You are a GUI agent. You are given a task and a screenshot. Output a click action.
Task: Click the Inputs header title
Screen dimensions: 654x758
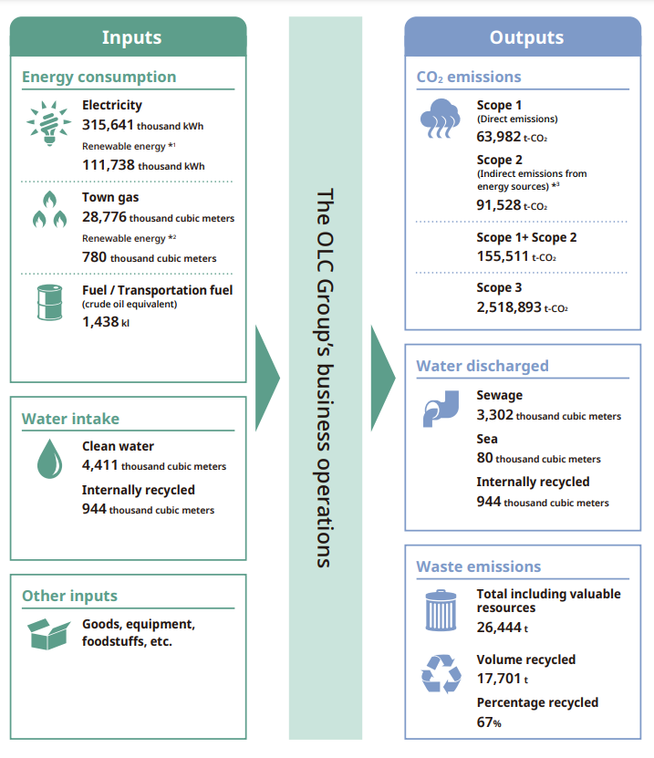(131, 37)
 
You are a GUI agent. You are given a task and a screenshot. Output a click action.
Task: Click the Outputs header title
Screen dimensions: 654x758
(526, 37)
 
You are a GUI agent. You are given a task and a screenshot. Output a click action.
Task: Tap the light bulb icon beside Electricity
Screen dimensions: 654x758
(49, 123)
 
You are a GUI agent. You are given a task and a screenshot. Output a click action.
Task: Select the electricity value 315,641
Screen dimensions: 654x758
(108, 125)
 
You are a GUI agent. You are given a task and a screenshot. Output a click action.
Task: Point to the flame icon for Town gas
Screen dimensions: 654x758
(49, 209)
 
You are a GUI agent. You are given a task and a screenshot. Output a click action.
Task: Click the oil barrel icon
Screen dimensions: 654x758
(50, 302)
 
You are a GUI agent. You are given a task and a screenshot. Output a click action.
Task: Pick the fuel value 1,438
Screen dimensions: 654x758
(100, 321)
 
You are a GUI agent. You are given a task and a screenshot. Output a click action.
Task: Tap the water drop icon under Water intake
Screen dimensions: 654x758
(50, 459)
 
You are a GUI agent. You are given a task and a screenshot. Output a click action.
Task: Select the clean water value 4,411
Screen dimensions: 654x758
(100, 465)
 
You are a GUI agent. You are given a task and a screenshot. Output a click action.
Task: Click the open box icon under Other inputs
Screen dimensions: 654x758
(49, 634)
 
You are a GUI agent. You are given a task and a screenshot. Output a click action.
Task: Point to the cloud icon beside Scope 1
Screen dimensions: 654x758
(440, 119)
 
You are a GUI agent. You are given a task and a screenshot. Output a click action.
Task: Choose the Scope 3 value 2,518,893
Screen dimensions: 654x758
(509, 307)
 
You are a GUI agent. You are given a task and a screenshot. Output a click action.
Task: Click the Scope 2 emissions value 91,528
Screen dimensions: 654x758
(499, 205)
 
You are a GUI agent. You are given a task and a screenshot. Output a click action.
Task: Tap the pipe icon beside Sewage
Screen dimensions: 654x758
(441, 409)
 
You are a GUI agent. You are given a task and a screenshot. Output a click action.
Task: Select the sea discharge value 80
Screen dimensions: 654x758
(485, 457)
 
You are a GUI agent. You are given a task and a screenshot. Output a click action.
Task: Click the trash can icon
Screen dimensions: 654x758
(441, 610)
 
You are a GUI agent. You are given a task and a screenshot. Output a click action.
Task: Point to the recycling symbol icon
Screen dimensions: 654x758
(441, 674)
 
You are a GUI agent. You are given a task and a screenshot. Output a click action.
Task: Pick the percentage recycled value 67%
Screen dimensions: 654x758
(489, 722)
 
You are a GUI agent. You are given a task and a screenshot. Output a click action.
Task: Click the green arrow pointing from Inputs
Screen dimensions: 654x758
(267, 378)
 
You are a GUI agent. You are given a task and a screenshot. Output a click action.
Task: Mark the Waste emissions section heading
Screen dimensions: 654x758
(479, 566)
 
